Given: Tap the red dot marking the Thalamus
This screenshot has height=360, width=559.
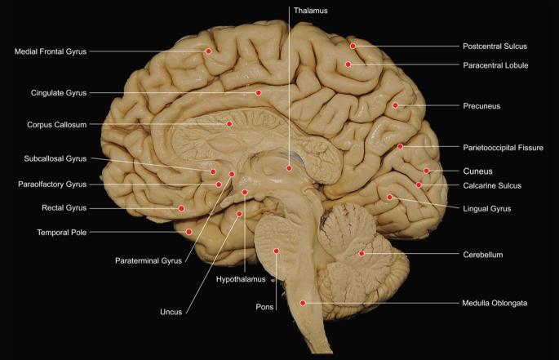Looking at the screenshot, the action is [x=289, y=168].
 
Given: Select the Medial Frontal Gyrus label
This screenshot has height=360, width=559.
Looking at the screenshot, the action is [x=51, y=51].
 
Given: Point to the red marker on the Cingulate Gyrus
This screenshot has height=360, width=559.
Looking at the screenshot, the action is [x=259, y=93].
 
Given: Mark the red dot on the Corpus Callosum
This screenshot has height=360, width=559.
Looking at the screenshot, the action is [x=229, y=124].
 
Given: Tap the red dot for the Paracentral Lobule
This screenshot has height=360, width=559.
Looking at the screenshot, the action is [x=348, y=64].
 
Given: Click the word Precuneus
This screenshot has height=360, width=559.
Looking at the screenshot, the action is [x=481, y=106].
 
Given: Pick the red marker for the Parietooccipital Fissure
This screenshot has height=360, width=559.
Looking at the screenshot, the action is [x=401, y=146].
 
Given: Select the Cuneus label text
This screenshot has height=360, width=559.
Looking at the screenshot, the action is [x=478, y=171].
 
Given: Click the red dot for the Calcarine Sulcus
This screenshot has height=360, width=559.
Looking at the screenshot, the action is [x=419, y=185].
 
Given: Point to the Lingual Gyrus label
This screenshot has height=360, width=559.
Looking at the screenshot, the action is [x=486, y=209].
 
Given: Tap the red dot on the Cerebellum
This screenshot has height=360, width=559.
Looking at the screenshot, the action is [x=362, y=254].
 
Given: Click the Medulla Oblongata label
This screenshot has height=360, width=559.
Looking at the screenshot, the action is [x=495, y=303].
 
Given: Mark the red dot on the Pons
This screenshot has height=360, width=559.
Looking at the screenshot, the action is [x=277, y=251].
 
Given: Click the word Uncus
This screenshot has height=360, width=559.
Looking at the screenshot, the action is [x=171, y=311].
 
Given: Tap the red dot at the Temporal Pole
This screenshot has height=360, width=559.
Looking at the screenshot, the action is [x=189, y=232].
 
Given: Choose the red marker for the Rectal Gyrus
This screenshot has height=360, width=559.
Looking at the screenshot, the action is [x=181, y=209].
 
